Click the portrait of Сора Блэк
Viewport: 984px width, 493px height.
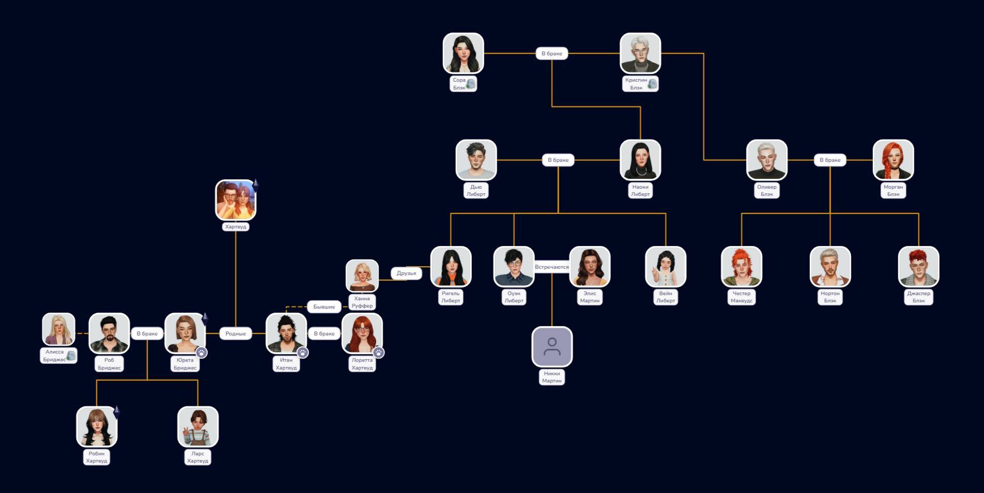[x=463, y=53]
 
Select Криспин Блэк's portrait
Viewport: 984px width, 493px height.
[x=640, y=53]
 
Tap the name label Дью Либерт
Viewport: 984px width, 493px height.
[x=476, y=190]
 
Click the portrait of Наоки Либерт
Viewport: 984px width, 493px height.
[x=640, y=160]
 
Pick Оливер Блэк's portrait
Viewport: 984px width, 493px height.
[x=766, y=160]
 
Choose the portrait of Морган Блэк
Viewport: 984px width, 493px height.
[x=893, y=160]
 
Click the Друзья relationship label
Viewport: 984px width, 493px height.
[x=406, y=273]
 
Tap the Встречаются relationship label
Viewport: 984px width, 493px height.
[x=551, y=267]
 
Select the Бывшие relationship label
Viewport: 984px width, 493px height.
[x=324, y=306]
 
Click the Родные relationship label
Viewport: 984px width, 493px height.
[x=236, y=333]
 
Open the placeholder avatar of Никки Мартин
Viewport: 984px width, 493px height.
[x=552, y=347]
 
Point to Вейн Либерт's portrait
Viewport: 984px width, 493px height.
[x=666, y=267]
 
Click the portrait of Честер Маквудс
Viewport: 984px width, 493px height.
[x=742, y=267]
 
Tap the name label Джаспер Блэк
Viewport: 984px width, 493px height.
[x=918, y=297]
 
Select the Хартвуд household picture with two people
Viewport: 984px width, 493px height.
[x=236, y=200]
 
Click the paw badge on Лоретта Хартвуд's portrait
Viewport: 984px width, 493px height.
[x=379, y=352]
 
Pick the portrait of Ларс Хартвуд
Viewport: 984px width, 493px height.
[x=198, y=427]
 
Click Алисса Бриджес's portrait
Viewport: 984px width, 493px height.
[x=58, y=329]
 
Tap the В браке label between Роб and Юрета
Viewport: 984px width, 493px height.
[x=147, y=333]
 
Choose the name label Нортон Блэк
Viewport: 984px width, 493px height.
[x=830, y=297]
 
